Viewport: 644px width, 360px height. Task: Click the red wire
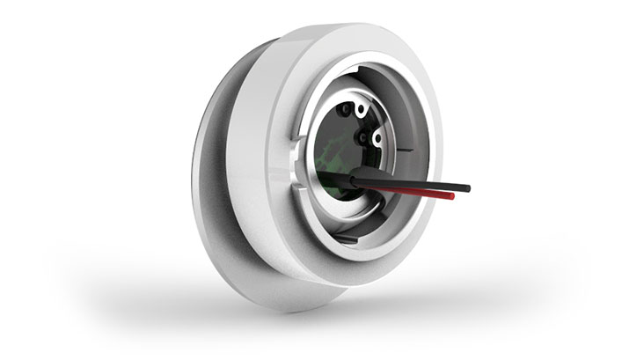pyautogui.click(x=413, y=195)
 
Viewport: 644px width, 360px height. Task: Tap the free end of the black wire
pyautogui.click(x=467, y=187)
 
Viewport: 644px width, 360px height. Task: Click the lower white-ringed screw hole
pyautogui.click(x=377, y=138)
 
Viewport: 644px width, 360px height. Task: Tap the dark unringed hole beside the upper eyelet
pyautogui.click(x=348, y=110)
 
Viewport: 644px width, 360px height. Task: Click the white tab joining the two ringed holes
pyautogui.click(x=370, y=123)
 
